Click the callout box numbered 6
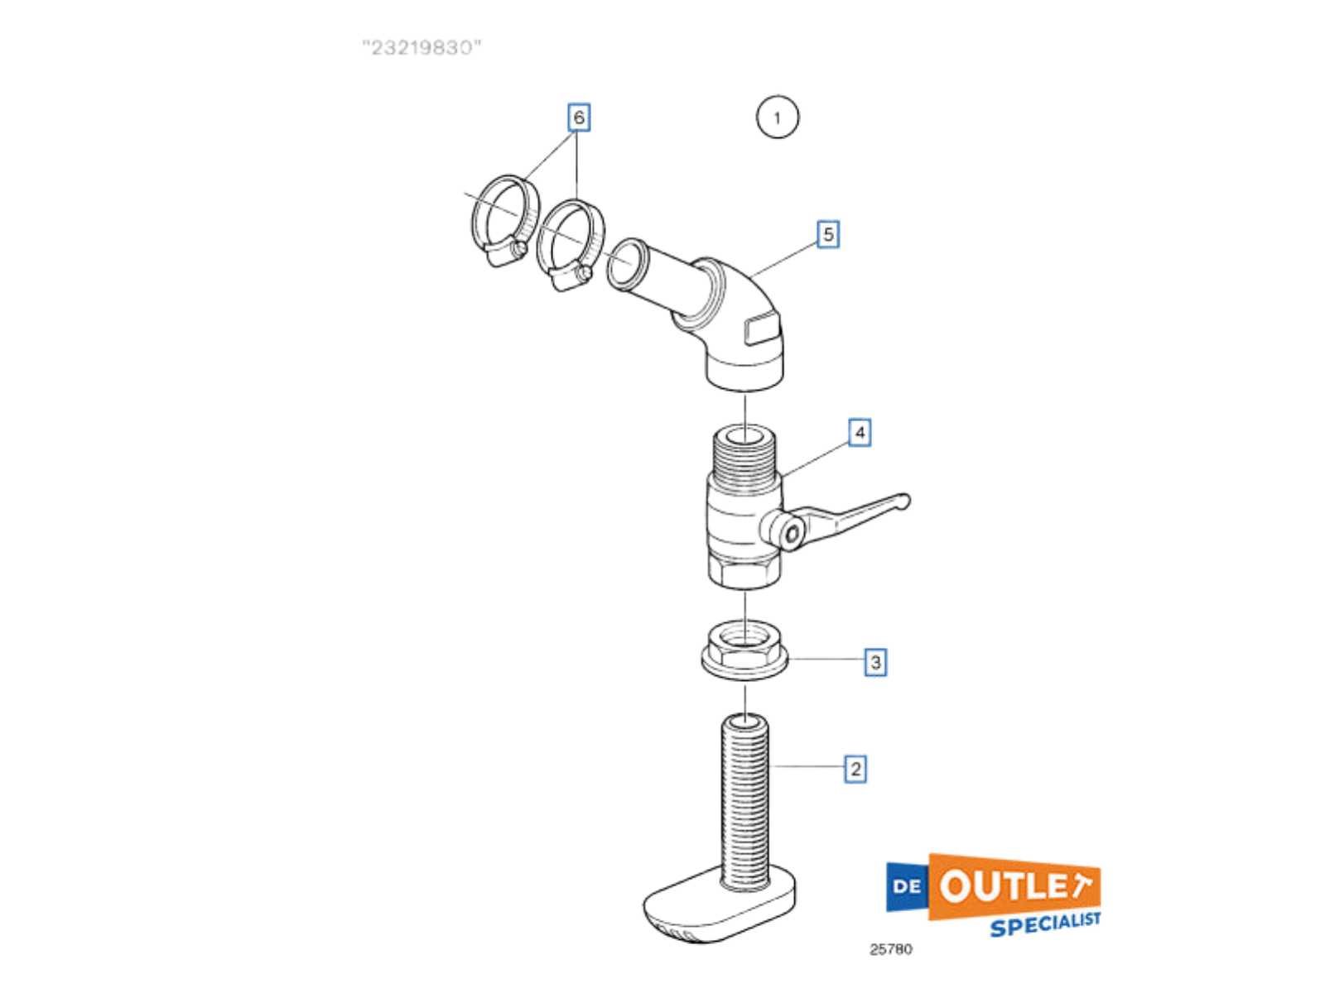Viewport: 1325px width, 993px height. [x=578, y=118]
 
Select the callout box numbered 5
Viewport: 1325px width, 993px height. [x=827, y=234]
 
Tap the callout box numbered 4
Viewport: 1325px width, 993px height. [x=859, y=432]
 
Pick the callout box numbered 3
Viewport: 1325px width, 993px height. [x=874, y=662]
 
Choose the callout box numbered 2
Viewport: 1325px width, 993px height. [x=855, y=769]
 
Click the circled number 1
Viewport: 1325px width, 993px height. [x=777, y=118]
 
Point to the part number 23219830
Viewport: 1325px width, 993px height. [x=422, y=48]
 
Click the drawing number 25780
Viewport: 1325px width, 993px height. [x=890, y=949]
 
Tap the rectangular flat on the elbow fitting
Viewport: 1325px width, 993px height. [x=763, y=330]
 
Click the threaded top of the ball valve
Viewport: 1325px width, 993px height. [x=744, y=453]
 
